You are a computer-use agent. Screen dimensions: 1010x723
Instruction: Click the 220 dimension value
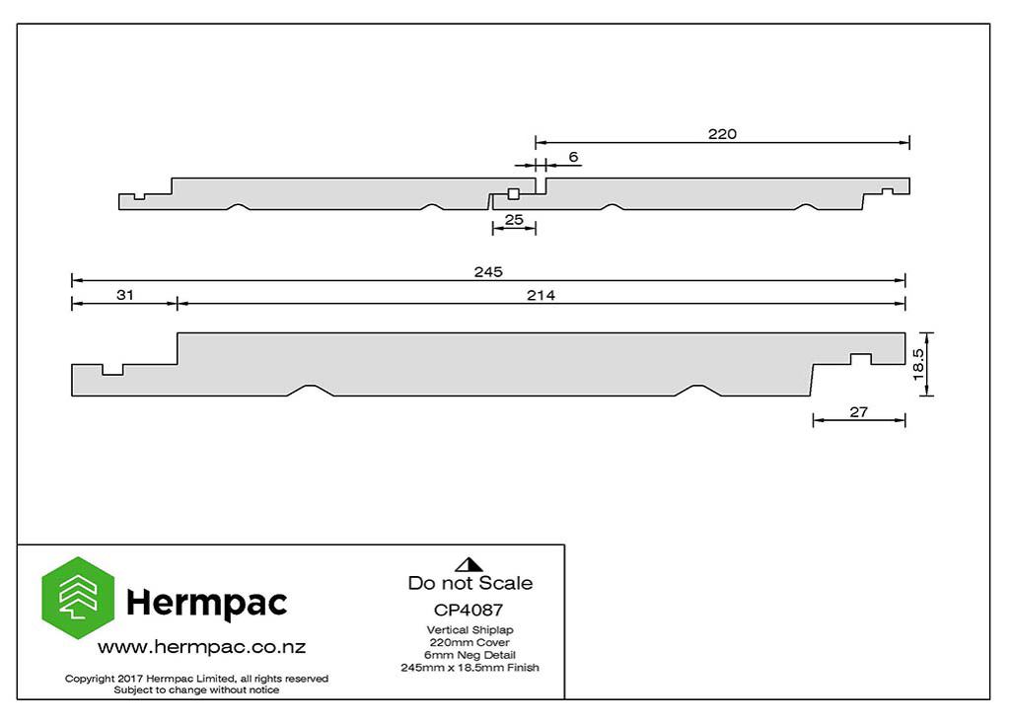722,134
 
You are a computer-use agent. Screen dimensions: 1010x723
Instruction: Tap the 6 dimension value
573,157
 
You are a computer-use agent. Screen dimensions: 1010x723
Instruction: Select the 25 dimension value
514,220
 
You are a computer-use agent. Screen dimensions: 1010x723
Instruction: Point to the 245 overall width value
488,272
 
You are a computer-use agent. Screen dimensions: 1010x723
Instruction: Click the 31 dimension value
125,295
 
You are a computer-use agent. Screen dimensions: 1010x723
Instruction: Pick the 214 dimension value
541,295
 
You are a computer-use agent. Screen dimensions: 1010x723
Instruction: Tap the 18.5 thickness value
918,364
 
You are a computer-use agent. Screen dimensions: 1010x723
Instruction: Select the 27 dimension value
859,411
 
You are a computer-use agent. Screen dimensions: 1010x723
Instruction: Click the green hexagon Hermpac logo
78,598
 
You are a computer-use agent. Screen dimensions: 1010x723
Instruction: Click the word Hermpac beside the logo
207,603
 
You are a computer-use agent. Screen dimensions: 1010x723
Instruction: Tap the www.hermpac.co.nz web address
201,647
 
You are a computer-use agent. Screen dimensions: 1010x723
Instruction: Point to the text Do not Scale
470,583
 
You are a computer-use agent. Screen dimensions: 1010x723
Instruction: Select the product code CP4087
469,610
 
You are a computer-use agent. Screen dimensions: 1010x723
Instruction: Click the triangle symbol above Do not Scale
469,565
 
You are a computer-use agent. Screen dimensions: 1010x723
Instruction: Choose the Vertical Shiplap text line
469,630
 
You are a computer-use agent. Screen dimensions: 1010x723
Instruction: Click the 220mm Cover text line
469,642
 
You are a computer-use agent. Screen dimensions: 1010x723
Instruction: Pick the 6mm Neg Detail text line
469,655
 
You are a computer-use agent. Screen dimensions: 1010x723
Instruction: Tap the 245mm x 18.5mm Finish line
469,668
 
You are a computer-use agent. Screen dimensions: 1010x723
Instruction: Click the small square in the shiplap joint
513,194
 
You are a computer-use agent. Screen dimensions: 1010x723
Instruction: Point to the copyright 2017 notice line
196,679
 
